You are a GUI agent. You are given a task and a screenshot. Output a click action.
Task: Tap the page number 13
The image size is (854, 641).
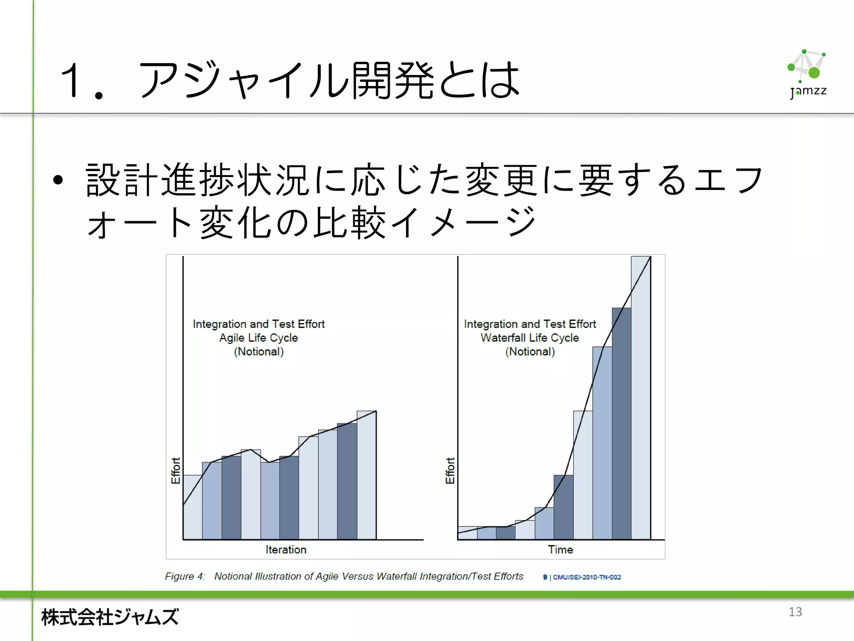coord(795,612)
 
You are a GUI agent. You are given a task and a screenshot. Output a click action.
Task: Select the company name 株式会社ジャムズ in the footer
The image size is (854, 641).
coord(110,617)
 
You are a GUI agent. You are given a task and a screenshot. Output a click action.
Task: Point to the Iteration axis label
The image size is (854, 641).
coord(286,550)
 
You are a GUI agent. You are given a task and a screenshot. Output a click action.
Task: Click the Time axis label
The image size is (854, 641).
coord(560,550)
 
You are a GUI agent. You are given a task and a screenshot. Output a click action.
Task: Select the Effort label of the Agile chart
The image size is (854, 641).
coord(176,470)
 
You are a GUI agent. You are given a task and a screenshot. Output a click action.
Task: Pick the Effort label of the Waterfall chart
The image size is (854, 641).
coord(450,470)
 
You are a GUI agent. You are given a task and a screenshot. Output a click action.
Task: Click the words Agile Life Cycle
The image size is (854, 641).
coord(259,338)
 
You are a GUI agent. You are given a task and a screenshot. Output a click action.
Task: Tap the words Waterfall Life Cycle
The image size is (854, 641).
coord(530,338)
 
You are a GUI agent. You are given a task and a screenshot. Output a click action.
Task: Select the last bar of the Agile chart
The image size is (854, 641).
coord(367,476)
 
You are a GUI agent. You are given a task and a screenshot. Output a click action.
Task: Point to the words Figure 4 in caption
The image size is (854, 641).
coord(185,576)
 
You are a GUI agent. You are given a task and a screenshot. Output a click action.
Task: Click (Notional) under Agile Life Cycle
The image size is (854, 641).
coord(259,351)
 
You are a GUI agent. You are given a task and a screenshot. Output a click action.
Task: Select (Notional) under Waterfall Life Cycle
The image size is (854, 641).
coord(530,351)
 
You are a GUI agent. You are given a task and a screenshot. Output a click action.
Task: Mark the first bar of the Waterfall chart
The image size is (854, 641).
coord(467,533)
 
